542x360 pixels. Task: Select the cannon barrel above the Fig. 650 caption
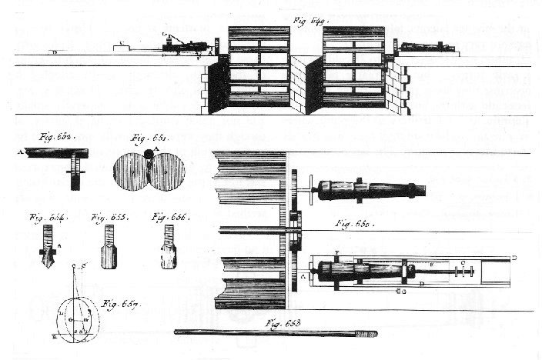pyautogui.click(x=370, y=189)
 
